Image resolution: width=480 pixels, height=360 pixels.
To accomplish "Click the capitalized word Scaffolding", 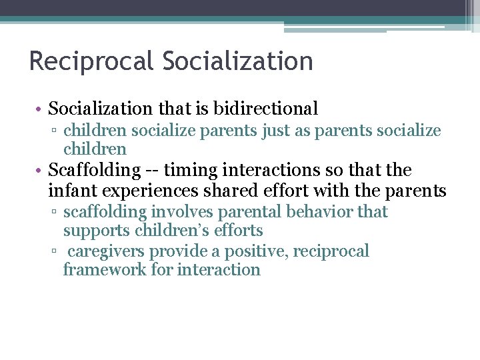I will [x=93, y=171].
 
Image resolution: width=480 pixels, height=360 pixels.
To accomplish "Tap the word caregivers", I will [x=106, y=251].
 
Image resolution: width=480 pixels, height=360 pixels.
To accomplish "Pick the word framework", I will [x=101, y=270].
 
